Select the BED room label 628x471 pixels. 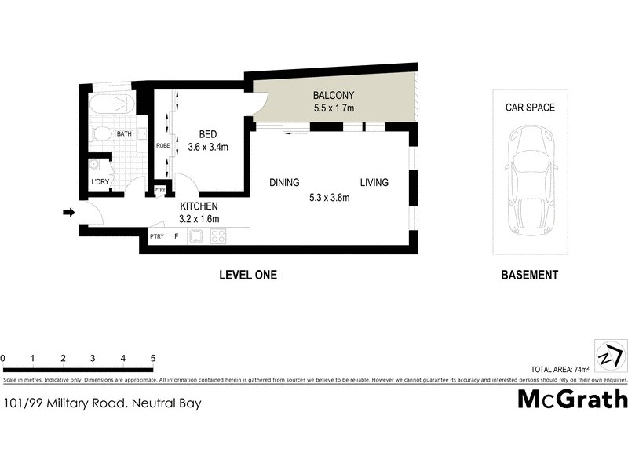[207, 133]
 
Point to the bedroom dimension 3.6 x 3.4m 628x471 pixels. [207, 147]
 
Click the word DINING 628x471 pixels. [284, 183]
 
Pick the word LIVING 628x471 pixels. [374, 183]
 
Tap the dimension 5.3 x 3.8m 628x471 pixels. [329, 198]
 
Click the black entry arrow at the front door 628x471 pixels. [68, 212]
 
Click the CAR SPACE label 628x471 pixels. [529, 108]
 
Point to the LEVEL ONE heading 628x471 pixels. [247, 276]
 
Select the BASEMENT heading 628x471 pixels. [529, 276]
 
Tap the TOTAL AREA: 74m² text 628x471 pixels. [560, 368]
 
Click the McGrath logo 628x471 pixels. [572, 399]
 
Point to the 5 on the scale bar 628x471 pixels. [152, 358]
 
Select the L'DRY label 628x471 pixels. [100, 183]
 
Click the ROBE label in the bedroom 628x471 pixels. [162, 146]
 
